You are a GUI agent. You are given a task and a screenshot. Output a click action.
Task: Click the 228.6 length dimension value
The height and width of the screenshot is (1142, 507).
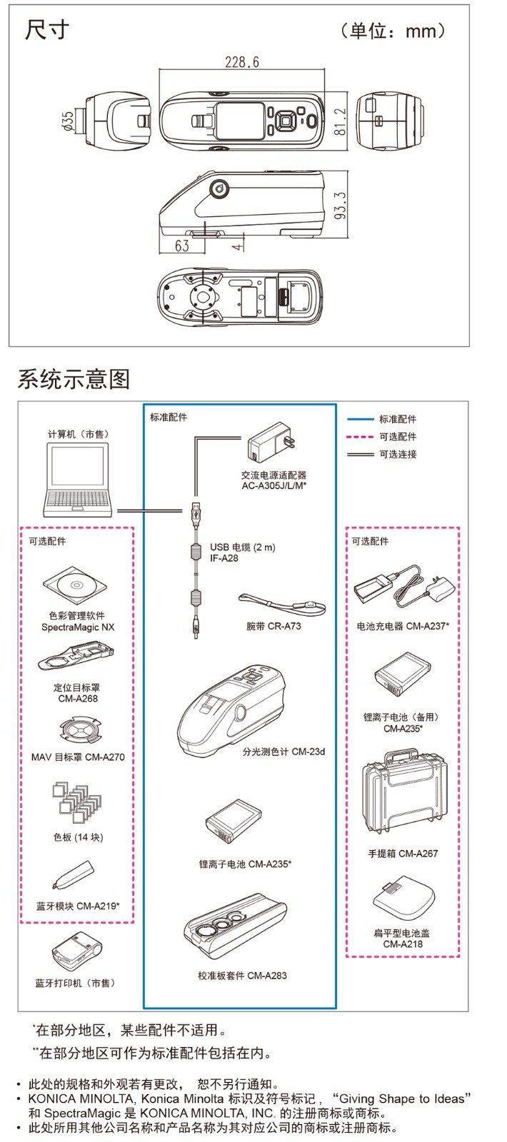coord(242,62)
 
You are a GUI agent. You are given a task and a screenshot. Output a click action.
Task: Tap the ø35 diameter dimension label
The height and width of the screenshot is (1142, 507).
coord(68,121)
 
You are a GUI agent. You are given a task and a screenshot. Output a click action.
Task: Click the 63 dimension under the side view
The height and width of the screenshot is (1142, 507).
coord(182,246)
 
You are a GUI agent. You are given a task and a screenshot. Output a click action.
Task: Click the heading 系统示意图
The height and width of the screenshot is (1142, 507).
coord(74,379)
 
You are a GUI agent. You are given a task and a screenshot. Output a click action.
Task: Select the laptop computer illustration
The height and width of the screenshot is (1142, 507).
coord(78,480)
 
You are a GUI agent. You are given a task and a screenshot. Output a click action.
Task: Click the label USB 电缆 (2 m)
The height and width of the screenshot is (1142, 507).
coord(242,547)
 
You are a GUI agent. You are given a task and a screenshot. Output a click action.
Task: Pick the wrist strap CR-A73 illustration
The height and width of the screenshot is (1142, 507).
coord(283,605)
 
